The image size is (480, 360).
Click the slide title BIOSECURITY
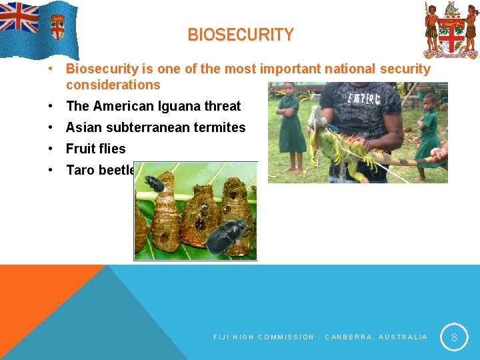pyautogui.click(x=240, y=35)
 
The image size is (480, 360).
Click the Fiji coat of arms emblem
pyautogui.click(x=451, y=30)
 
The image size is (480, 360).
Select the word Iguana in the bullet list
pyautogui.click(x=181, y=106)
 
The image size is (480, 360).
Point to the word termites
pyautogui.click(x=221, y=127)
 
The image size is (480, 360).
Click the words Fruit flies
pyautogui.click(x=95, y=149)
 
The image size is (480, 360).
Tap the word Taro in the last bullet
pyautogui.click(x=80, y=170)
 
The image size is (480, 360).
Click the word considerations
pyautogui.click(x=113, y=85)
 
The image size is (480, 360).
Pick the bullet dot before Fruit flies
pyautogui.click(x=51, y=149)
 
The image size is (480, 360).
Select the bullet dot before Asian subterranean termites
pyautogui.click(x=51, y=127)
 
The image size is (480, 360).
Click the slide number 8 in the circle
pyautogui.click(x=454, y=337)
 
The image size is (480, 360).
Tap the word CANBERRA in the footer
pyautogui.click(x=347, y=337)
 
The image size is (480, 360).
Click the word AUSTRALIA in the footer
pyautogui.click(x=403, y=337)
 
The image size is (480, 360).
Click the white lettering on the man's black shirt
pyautogui.click(x=363, y=99)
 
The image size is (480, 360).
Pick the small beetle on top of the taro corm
pyautogui.click(x=155, y=184)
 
